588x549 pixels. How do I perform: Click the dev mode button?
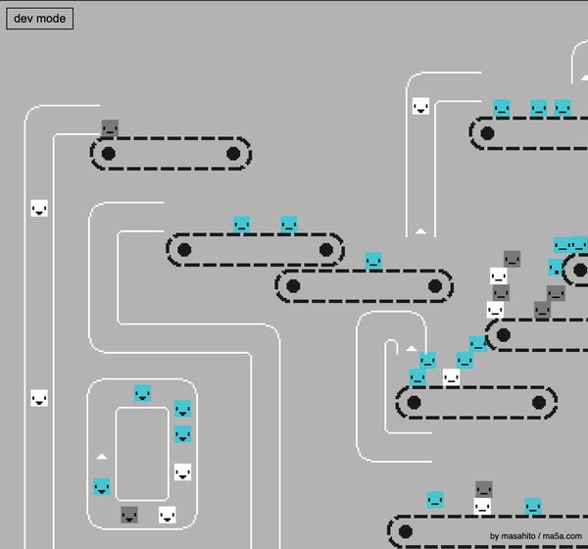(39, 19)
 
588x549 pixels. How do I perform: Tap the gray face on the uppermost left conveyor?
(110, 128)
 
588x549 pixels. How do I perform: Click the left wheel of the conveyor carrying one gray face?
(109, 153)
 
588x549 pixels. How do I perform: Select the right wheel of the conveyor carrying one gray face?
(233, 153)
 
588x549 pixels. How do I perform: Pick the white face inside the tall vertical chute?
(420, 106)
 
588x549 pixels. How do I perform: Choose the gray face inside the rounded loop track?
(129, 514)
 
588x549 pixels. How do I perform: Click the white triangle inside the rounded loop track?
(102, 456)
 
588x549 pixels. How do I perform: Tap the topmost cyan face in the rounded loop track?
(142, 393)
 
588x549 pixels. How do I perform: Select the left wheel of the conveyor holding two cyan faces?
(184, 249)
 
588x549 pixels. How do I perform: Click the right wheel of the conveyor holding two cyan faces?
(325, 249)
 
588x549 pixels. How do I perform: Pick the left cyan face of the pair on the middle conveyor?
(242, 225)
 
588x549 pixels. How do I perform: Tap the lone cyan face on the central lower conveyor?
(373, 261)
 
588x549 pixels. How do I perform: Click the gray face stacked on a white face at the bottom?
(483, 489)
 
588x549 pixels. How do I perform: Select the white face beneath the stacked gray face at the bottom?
(482, 506)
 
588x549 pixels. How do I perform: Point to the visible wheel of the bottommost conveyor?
(406, 531)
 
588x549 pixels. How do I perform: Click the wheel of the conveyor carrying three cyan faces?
(487, 133)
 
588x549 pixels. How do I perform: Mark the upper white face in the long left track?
(39, 208)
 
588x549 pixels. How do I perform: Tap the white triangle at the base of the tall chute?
(420, 231)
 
